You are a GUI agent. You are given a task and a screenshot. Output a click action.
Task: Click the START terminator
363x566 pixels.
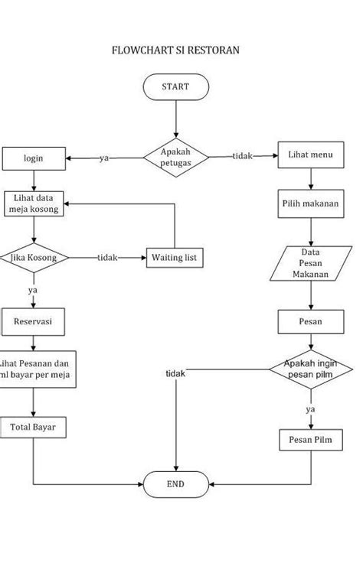[175, 87]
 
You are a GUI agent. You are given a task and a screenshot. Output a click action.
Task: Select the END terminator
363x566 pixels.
[175, 484]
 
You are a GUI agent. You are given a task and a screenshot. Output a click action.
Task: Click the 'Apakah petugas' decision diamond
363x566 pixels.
[175, 158]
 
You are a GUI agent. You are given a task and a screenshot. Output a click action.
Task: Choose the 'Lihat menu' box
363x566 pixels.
[310, 155]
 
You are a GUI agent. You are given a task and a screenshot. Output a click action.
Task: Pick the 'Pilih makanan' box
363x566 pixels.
[310, 204]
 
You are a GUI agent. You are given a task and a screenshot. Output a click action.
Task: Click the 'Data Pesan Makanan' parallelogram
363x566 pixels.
[310, 262]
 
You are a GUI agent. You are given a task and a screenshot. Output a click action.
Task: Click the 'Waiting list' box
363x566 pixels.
[175, 258]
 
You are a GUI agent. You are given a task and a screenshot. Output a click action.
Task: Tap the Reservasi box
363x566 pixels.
[33, 322]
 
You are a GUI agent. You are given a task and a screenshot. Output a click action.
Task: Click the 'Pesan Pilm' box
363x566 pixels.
[310, 440]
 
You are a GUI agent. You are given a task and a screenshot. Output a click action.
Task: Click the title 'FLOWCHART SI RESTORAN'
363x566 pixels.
[175, 50]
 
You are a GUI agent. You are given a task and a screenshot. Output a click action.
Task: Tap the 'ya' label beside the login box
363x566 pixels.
[104, 158]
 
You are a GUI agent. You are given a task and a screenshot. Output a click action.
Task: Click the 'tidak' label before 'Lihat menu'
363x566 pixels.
[243, 156]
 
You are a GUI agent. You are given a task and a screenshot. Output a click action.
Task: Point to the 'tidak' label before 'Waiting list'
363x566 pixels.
[107, 258]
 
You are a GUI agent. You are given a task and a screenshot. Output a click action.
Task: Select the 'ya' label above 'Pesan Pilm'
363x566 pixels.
[310, 409]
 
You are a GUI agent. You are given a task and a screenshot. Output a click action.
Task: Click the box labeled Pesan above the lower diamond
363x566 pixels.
[310, 322]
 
